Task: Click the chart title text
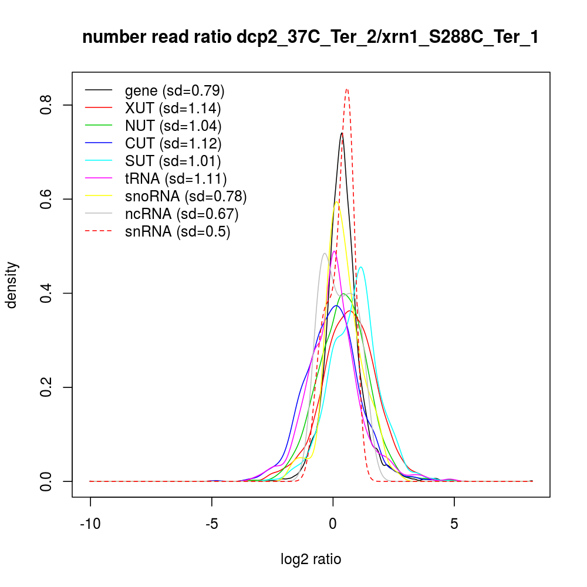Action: pos(311,38)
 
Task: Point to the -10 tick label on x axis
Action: pos(90,524)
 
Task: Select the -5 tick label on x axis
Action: pos(211,524)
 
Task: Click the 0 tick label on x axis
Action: pos(333,524)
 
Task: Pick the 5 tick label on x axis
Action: pos(454,524)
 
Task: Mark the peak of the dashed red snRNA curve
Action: pos(347,89)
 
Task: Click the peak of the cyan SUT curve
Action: pos(361,267)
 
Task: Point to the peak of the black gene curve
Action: pos(342,133)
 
